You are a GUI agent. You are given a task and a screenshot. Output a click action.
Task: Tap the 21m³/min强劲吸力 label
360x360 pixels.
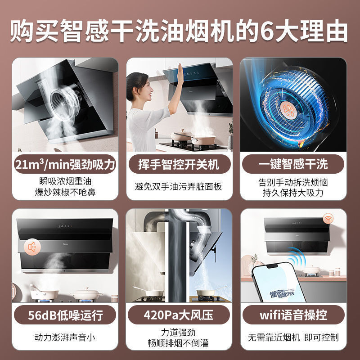coord(65,164)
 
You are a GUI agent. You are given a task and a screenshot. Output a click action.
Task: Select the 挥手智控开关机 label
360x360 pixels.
coord(179,164)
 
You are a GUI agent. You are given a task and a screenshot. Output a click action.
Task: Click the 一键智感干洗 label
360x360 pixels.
coord(293,164)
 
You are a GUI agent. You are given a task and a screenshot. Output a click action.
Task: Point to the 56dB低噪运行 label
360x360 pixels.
coord(65,315)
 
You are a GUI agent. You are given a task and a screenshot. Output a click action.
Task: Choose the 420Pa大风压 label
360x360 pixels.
coord(179,315)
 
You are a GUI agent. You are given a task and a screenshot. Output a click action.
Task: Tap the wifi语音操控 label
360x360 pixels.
coord(293,315)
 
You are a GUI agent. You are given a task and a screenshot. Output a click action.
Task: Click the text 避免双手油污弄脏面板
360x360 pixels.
coord(179,186)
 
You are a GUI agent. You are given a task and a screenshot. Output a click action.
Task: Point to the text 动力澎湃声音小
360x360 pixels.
coord(65,337)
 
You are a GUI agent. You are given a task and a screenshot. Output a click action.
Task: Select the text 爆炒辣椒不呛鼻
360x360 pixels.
coord(65,192)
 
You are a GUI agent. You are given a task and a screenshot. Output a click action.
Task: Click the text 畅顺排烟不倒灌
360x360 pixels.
coord(179,343)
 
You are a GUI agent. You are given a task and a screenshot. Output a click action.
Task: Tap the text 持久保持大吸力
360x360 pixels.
coord(293,192)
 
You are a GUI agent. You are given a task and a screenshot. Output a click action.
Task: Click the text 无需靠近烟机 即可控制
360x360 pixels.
coord(293,337)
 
